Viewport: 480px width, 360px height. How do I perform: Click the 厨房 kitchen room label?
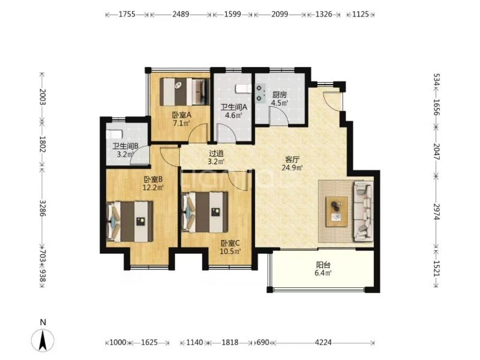coord(280,95)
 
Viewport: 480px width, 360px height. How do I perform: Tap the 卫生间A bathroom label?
coord(234,107)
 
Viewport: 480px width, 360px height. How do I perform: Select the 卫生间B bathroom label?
coord(125,146)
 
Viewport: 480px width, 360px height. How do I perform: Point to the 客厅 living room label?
coord(292,160)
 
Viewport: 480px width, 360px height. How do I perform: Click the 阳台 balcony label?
coord(323,265)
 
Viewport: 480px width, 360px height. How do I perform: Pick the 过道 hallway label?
coord(217,154)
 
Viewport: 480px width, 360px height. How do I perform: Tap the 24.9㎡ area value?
coord(292,167)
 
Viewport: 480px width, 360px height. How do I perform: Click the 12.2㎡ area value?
coord(153,187)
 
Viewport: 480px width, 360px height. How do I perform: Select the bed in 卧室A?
coord(185,92)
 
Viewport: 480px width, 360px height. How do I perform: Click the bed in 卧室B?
coord(130,221)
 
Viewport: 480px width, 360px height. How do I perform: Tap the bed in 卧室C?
coord(205,212)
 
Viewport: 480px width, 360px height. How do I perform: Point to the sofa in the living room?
coord(364,211)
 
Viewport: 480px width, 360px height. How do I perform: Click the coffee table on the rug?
coord(337,212)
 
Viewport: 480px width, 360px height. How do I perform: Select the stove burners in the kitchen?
coord(260,93)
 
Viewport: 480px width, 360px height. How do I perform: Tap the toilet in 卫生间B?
coord(115,134)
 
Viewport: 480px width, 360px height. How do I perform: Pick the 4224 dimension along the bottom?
coord(323,342)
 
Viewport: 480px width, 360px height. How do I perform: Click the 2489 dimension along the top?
coord(181,14)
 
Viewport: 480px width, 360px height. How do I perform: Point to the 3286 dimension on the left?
coord(43,208)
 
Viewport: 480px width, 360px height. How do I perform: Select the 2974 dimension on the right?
coord(437,212)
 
